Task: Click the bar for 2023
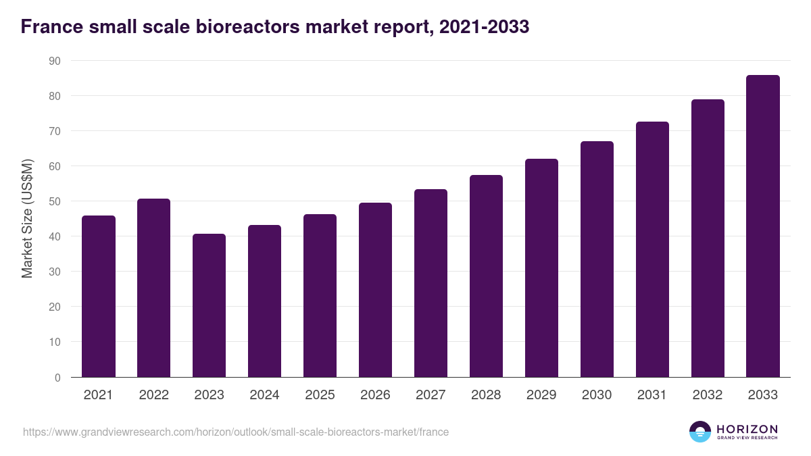pyautogui.click(x=210, y=305)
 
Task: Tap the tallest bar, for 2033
pyautogui.click(x=763, y=226)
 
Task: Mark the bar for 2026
pyautogui.click(x=375, y=290)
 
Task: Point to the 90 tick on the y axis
pyautogui.click(x=54, y=61)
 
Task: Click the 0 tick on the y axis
pyautogui.click(x=57, y=378)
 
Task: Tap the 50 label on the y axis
pyautogui.click(x=54, y=201)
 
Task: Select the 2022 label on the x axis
pyautogui.click(x=154, y=395)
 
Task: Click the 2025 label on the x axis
pyautogui.click(x=320, y=395)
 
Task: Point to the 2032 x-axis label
pyautogui.click(x=708, y=395)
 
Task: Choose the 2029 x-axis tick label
pyautogui.click(x=541, y=395)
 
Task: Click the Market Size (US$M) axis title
pyautogui.click(x=27, y=219)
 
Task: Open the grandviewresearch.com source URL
pyautogui.click(x=235, y=432)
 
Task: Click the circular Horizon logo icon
pyautogui.click(x=700, y=432)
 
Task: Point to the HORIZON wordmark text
pyautogui.click(x=747, y=429)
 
